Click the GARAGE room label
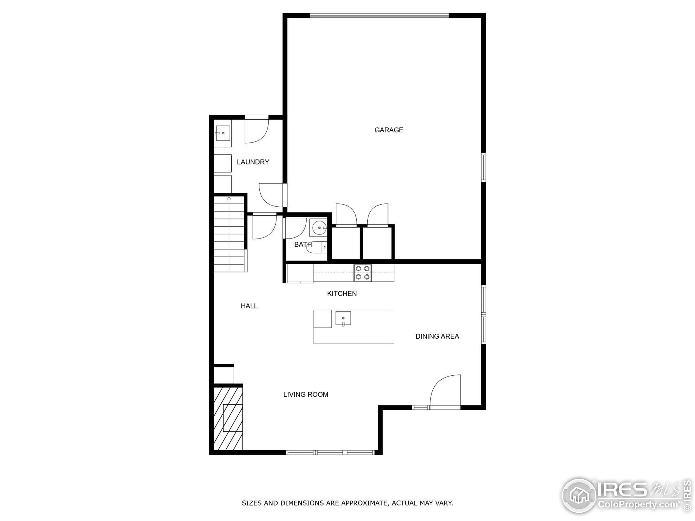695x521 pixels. (389, 130)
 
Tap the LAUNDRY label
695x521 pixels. (253, 162)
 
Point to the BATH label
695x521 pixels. (303, 244)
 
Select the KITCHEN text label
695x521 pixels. (342, 294)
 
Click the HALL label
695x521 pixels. (249, 306)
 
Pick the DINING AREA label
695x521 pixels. (437, 336)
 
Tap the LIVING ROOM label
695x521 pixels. (306, 395)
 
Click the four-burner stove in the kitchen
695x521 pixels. (363, 273)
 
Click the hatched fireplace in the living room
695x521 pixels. (228, 419)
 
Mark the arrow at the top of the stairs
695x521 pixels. (229, 198)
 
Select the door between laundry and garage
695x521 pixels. (272, 195)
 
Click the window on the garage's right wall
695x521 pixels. (484, 167)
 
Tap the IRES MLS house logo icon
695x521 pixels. (579, 496)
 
